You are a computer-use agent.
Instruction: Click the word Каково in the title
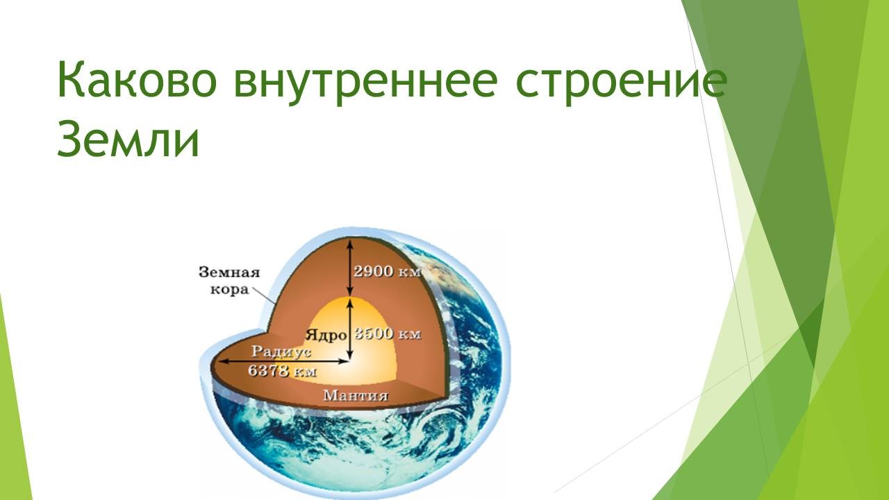click(138, 79)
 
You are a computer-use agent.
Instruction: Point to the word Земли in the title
click(128, 139)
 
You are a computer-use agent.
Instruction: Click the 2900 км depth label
click(387, 272)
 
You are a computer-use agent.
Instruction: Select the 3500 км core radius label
click(388, 334)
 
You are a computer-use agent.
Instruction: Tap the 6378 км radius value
click(282, 371)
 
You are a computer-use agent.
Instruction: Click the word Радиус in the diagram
click(281, 352)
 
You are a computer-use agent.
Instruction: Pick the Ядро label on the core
click(326, 335)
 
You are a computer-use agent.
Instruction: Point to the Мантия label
click(356, 396)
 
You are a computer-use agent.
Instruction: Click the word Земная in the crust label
click(229, 273)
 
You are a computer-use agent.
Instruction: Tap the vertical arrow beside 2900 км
click(349, 267)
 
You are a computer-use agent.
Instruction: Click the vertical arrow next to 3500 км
click(349, 329)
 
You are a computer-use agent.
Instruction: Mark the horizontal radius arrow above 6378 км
click(284, 361)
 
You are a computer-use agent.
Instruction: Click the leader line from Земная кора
click(265, 296)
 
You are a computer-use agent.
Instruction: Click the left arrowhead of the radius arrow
click(223, 361)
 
